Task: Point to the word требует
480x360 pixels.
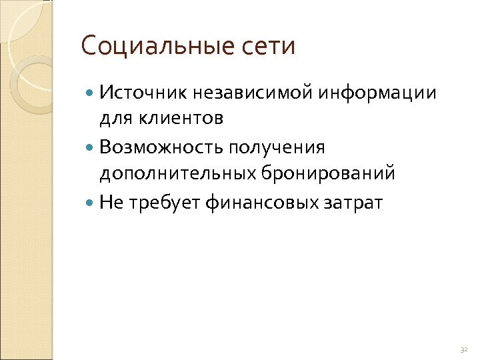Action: (x=160, y=202)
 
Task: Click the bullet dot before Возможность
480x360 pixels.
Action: (x=91, y=147)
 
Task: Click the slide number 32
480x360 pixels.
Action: (x=464, y=349)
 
